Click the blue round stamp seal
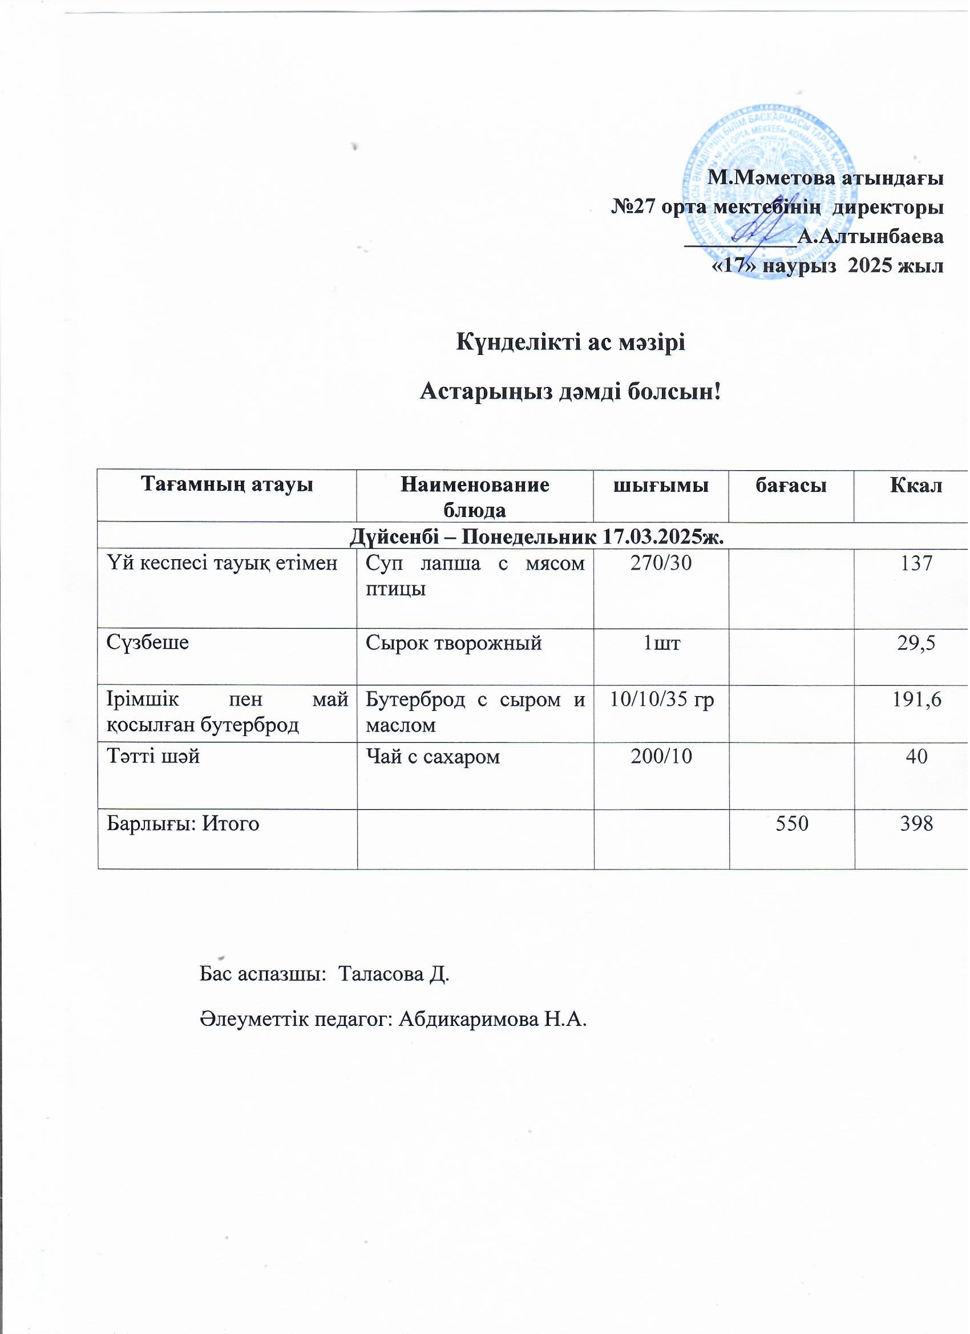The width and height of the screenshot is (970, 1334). [771, 191]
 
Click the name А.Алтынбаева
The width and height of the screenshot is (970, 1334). [870, 237]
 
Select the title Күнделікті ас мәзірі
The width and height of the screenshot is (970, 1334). [571, 342]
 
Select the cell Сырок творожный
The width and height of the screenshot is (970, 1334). [454, 644]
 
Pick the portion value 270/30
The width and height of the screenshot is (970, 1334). [661, 564]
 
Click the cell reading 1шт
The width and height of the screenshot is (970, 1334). [661, 644]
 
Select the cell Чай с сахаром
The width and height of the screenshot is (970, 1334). [433, 756]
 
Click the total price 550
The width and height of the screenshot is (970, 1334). [792, 823]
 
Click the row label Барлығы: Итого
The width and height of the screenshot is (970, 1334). [183, 823]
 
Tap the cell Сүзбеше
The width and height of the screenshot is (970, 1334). [148, 643]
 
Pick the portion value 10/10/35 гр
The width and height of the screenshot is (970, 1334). [661, 700]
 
